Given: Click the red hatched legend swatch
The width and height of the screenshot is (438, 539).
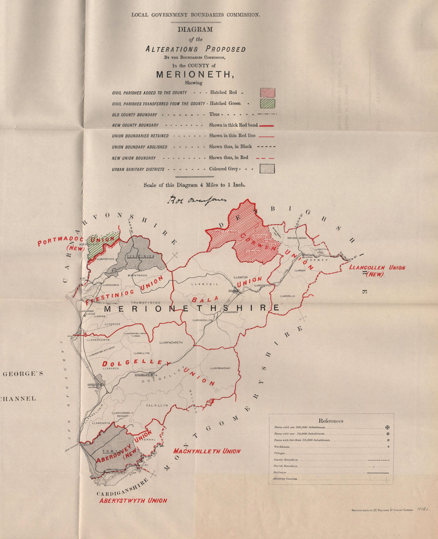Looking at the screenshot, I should pyautogui.click(x=267, y=92).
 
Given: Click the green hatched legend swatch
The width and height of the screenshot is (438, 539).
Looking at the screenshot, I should pyautogui.click(x=267, y=103).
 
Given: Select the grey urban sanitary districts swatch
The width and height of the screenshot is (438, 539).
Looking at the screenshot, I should pyautogui.click(x=267, y=169).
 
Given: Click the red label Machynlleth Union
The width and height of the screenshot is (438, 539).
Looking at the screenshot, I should pyautogui.click(x=207, y=451).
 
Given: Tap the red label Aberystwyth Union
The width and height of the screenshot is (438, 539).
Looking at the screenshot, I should pyautogui.click(x=133, y=500).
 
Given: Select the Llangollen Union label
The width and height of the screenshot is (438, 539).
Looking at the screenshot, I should pyautogui.click(x=378, y=268).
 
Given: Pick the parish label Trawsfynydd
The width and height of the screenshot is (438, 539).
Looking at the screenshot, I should pyautogui.click(x=146, y=303).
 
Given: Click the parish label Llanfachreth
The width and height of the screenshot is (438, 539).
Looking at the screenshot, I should pyautogui.click(x=171, y=342).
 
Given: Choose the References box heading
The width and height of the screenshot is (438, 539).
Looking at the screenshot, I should pyautogui.click(x=331, y=421).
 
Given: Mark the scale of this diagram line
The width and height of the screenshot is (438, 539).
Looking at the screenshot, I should pyautogui.click(x=194, y=185).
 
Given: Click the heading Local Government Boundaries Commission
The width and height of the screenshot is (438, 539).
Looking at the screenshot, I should pyautogui.click(x=195, y=15).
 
